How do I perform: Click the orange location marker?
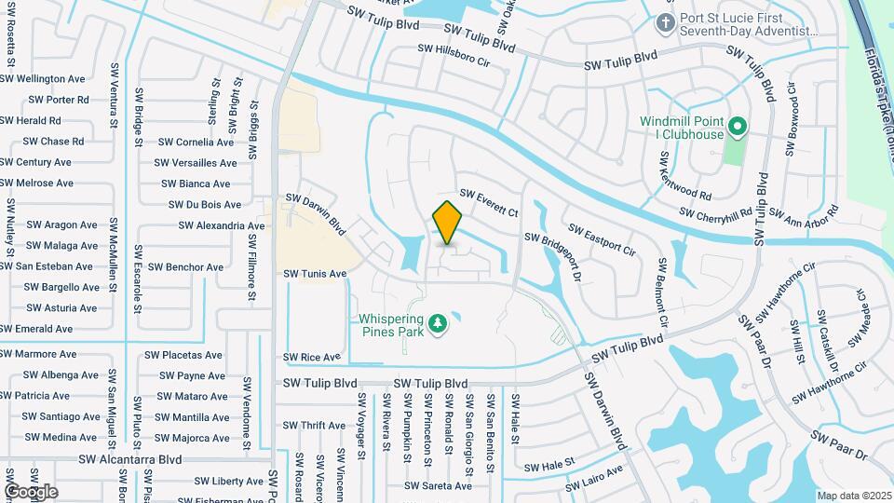(x=448, y=223)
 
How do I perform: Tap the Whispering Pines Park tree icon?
(x=436, y=325)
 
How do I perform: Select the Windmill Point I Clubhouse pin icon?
(x=737, y=124)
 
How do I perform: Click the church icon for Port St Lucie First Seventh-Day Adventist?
(x=665, y=21)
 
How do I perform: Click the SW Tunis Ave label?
(x=315, y=274)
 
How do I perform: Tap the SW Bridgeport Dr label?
(x=555, y=257)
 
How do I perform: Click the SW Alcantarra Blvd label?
(x=129, y=459)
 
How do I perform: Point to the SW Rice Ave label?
(x=312, y=357)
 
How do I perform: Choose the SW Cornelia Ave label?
(x=196, y=143)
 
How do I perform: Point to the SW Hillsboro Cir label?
(x=454, y=54)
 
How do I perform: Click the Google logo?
(x=31, y=492)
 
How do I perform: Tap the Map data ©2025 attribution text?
(x=853, y=496)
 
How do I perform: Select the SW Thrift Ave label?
(x=311, y=426)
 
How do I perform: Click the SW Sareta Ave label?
(x=439, y=485)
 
